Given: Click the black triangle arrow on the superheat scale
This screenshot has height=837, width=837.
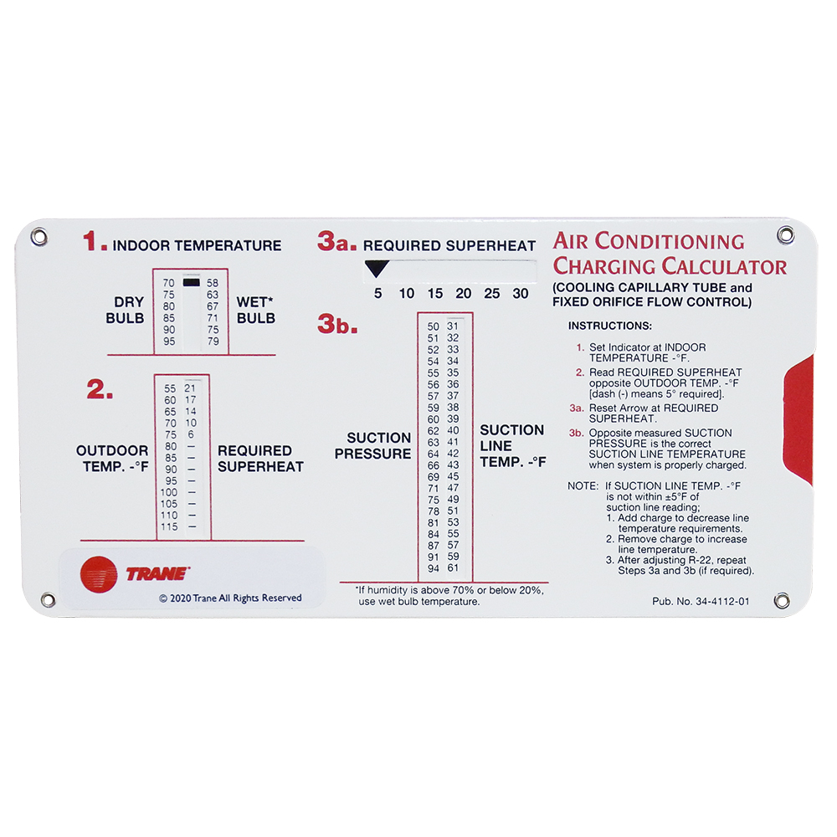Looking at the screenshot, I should tap(377, 269).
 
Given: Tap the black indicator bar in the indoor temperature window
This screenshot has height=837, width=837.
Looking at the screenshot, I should tap(192, 283).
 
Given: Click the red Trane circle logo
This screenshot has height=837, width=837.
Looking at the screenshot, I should tap(100, 574).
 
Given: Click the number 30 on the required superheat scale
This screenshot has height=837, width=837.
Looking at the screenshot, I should tap(521, 294).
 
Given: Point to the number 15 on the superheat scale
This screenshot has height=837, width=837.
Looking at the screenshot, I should tap(434, 294).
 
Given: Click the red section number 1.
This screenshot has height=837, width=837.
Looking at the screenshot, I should tap(95, 243).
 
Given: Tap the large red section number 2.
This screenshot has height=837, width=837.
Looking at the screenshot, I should tap(100, 390).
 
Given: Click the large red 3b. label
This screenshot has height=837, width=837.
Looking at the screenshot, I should tap(337, 326).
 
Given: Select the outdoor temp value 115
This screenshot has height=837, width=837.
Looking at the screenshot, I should tap(170, 526).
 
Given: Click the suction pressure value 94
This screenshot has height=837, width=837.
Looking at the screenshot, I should tap(433, 568).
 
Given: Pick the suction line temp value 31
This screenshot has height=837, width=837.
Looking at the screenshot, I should tap(453, 326).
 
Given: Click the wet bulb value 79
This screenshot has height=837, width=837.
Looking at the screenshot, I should tap(213, 341).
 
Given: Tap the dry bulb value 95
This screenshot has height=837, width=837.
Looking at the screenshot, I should tap(169, 341).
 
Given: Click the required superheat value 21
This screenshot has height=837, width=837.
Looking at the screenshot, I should tap(190, 388).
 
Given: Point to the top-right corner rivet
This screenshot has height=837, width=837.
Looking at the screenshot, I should tap(784, 236).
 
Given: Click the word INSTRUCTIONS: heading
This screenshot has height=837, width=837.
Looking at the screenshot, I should tap(609, 325).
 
